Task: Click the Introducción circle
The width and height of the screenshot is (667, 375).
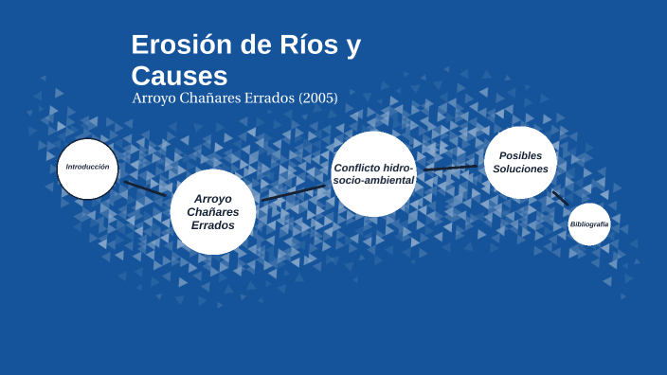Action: click(x=87, y=169)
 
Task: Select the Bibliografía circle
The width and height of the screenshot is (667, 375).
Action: click(x=589, y=224)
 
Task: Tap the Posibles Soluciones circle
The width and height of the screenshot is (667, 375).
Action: click(x=520, y=162)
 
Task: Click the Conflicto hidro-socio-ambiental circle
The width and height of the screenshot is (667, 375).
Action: click(x=373, y=173)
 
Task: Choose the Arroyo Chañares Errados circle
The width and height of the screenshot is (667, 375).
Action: click(x=213, y=212)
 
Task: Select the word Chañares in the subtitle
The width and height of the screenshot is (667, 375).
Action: click(x=209, y=98)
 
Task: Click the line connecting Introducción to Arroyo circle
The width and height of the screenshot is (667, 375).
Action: click(x=145, y=188)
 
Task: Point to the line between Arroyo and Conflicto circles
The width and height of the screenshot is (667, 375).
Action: click(x=293, y=192)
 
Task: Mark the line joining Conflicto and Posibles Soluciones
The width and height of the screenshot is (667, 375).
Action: click(x=450, y=168)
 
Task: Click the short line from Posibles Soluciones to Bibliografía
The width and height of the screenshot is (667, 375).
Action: click(x=560, y=198)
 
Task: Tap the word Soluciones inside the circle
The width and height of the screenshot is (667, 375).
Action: click(x=520, y=169)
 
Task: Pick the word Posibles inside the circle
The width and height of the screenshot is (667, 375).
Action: click(x=520, y=155)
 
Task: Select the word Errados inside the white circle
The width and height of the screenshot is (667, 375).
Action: click(x=213, y=225)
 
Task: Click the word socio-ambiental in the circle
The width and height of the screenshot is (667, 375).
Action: click(x=373, y=180)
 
